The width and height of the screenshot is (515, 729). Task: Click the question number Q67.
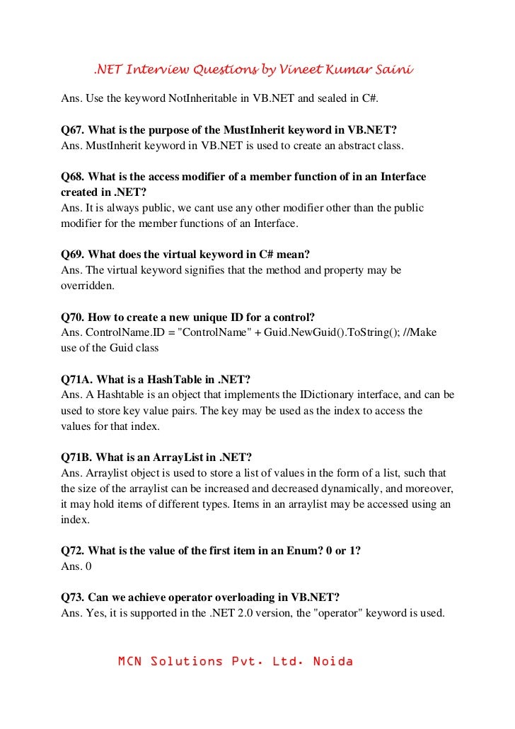[72, 130]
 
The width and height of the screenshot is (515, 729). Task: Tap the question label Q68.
[72, 177]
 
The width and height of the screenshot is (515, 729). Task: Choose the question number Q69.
[72, 255]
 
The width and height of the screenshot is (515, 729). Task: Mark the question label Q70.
[72, 317]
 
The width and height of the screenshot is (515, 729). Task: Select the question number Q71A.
[76, 379]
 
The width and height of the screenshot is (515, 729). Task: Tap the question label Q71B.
[76, 457]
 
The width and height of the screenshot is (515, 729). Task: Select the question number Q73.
[72, 597]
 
